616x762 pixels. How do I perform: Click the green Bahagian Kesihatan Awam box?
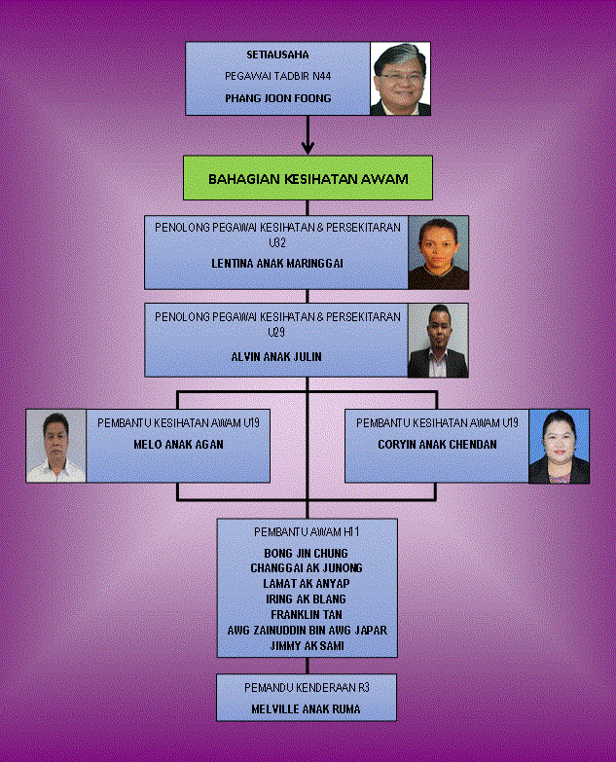coord(308,178)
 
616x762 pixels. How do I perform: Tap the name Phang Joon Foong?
coord(278,98)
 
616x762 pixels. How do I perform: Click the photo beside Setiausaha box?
coord(400,79)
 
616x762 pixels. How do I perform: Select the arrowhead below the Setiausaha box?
coord(308,147)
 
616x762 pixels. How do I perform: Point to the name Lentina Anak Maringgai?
coord(277,264)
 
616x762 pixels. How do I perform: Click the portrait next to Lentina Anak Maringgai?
coord(438,253)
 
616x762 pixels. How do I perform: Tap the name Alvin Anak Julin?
coord(276,357)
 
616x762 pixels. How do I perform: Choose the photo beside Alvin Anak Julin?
coord(438,341)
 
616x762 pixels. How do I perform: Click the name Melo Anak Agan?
coord(178,444)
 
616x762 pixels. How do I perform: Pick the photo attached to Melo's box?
coord(55,446)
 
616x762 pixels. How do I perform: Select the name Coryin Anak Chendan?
coord(437,444)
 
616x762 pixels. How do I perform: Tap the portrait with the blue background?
coord(559,446)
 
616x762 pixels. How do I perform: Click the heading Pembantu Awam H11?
coord(307,532)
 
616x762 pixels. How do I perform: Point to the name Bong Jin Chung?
coord(307,554)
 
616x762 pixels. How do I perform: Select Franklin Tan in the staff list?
coord(307,615)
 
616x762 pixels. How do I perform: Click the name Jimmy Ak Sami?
coord(308,646)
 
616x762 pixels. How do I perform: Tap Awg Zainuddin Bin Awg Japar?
coord(308,631)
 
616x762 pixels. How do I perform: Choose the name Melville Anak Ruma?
coord(307,709)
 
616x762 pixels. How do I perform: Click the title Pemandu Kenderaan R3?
coord(307,688)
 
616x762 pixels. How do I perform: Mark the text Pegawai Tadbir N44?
coord(278,76)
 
